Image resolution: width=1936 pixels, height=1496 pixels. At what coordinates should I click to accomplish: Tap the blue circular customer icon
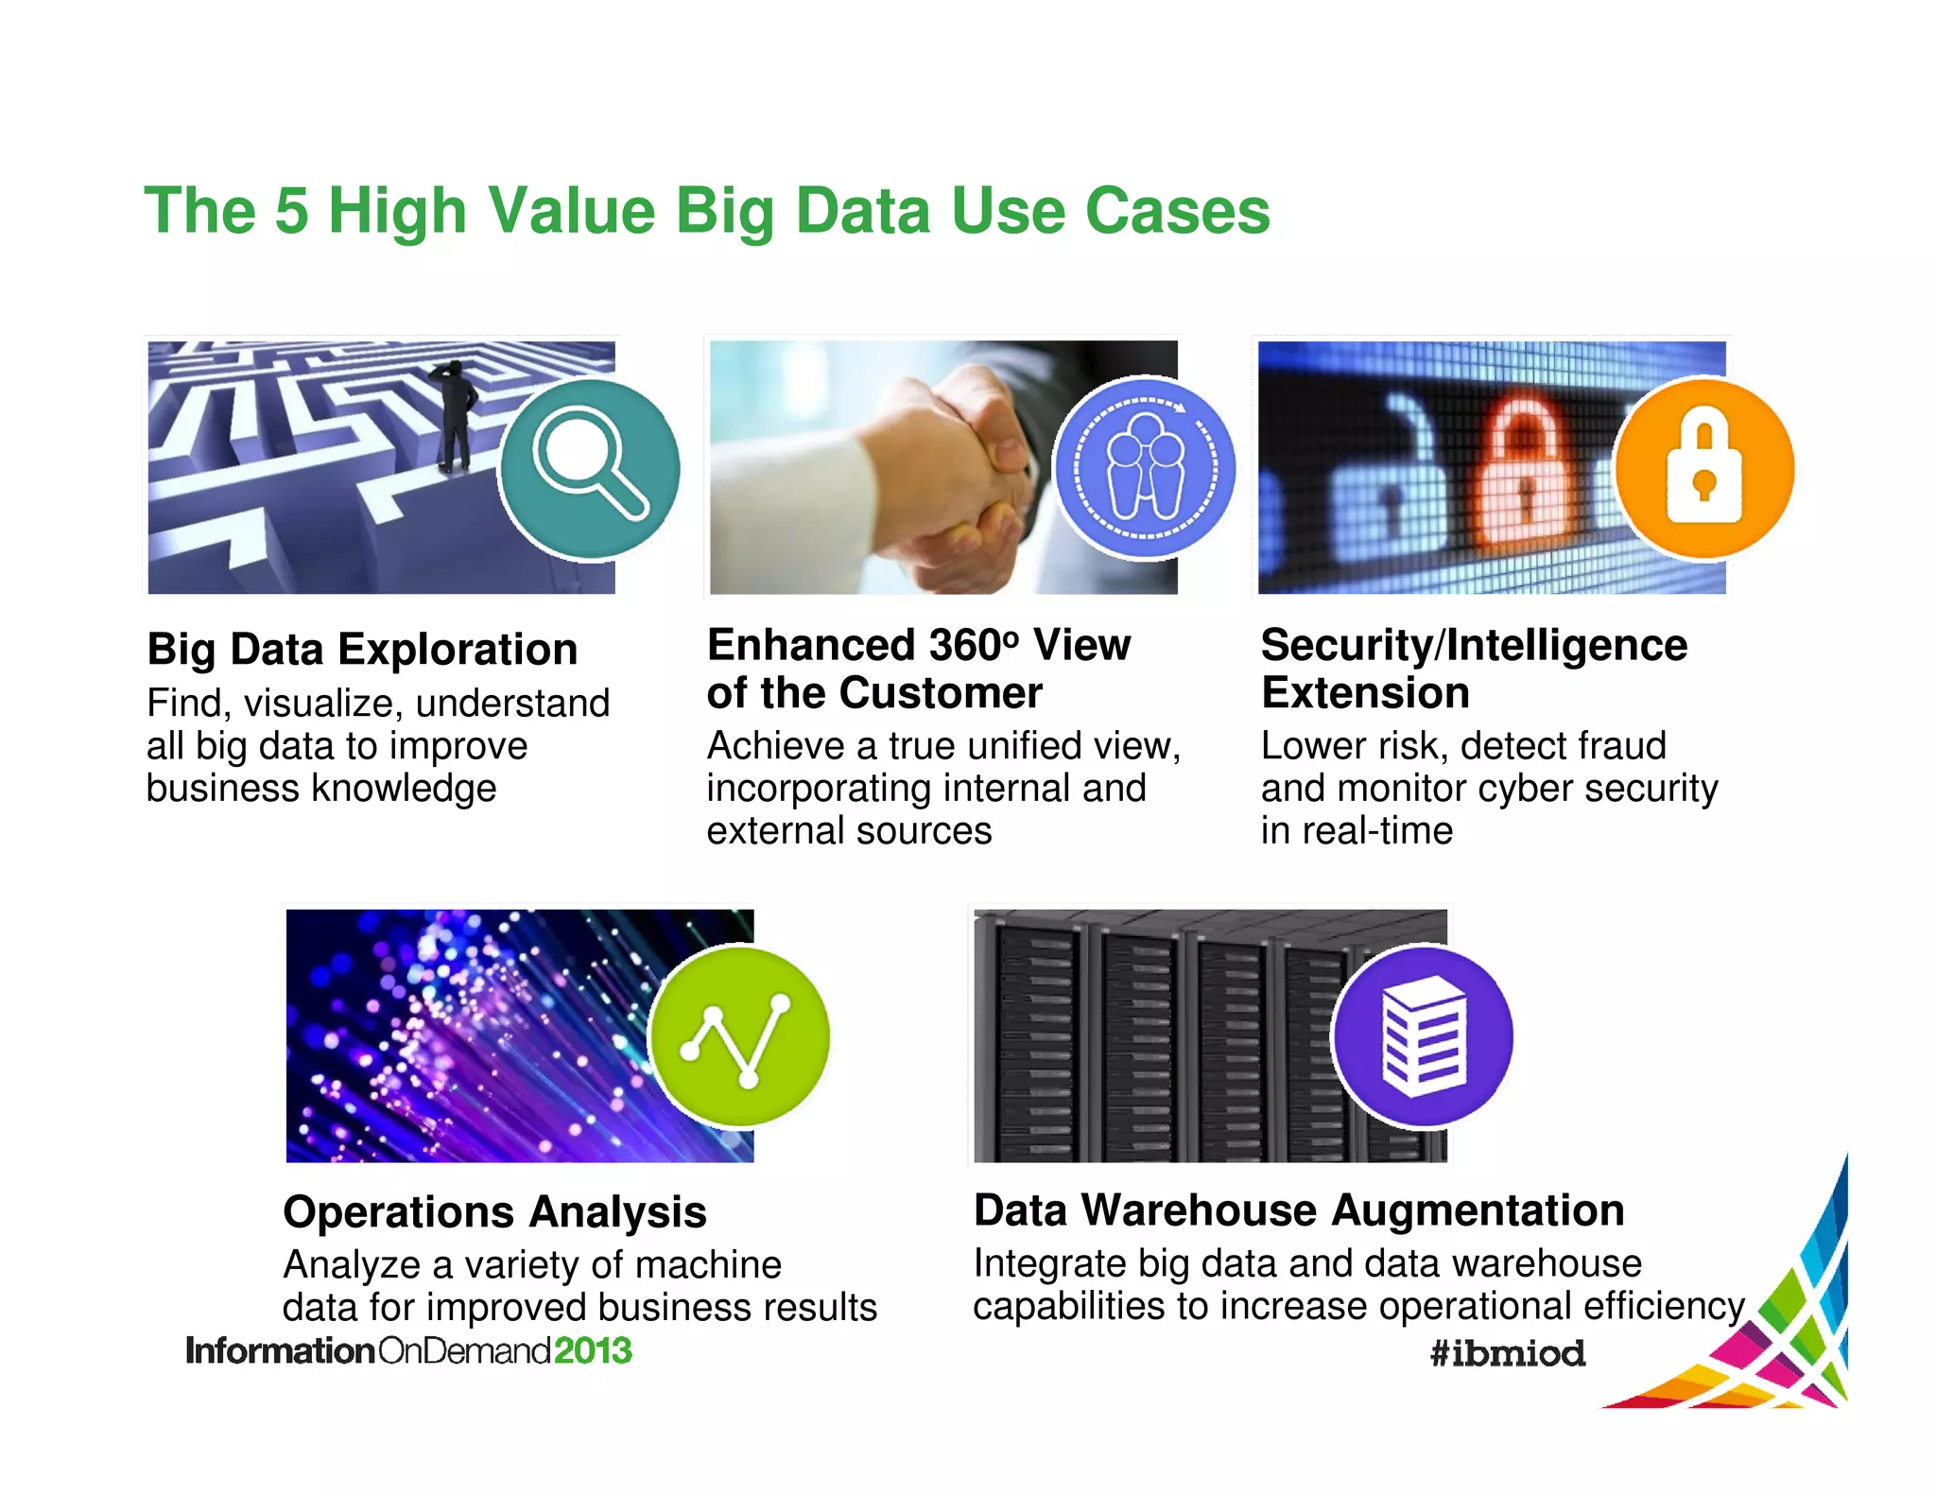point(1145,468)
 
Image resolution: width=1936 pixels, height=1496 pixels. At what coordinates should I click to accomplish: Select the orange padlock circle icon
point(1704,468)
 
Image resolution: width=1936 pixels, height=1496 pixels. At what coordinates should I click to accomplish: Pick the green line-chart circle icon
point(739,1036)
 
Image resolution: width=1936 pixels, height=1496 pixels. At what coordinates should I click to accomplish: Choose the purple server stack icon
point(1423,1036)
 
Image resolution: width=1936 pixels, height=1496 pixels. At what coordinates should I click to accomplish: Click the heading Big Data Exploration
point(362,650)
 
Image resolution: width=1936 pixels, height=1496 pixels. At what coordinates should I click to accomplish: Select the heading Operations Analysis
point(494,1212)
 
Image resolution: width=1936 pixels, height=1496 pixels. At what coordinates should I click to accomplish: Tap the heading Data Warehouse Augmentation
point(1299,1210)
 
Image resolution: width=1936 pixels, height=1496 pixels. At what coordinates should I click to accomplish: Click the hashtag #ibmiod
point(1508,1353)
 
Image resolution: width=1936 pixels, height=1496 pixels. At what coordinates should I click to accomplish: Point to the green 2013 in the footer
point(593,1350)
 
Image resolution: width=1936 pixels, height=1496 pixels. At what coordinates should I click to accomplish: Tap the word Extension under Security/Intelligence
point(1365,693)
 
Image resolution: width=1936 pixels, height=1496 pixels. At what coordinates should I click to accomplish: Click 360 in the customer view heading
point(968,646)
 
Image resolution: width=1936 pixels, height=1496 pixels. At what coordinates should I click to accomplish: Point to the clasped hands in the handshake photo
point(964,473)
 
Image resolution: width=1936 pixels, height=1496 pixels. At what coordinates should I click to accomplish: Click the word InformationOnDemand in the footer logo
point(369,1350)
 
